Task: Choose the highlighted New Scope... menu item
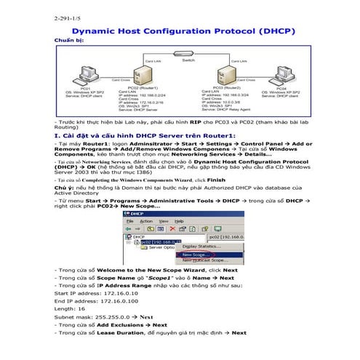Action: tap(195, 255)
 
